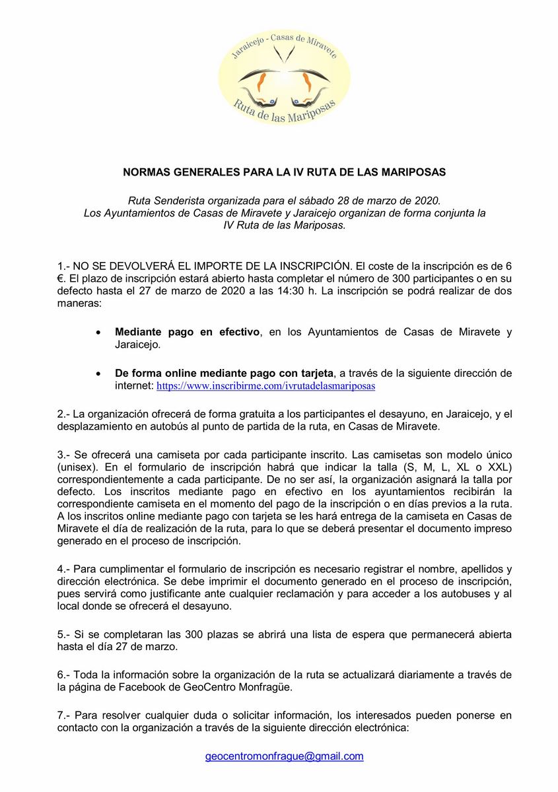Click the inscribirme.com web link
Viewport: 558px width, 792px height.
coord(266,385)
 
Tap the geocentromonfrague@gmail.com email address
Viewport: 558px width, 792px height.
coord(285,756)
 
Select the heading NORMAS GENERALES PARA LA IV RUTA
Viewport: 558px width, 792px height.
coord(285,172)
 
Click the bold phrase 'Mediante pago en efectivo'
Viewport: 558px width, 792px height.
coord(187,332)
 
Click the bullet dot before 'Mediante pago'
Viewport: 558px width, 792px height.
coord(98,333)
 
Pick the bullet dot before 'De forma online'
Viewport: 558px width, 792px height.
coord(98,374)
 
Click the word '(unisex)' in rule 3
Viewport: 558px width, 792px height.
coord(75,468)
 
